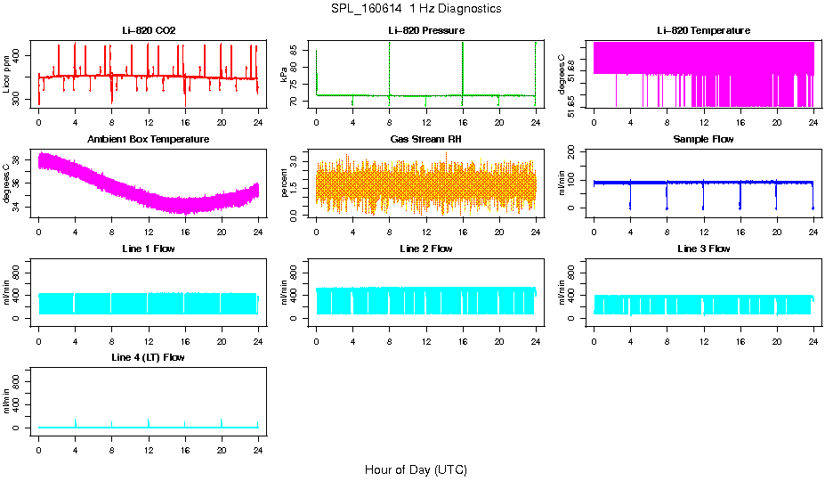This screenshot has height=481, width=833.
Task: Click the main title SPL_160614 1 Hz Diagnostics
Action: coord(416,9)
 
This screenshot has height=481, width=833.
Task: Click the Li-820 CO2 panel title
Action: coord(149,31)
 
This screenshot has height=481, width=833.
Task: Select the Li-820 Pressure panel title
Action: coord(426,31)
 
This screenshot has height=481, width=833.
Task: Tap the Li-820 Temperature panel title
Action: coord(703,31)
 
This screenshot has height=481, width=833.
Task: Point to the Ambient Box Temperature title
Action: coord(149,140)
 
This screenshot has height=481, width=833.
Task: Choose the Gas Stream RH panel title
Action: coord(426,140)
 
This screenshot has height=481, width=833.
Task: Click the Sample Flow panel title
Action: coord(703,140)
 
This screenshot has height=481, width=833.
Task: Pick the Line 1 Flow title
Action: coord(149,249)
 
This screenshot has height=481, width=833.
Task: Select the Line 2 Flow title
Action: coord(426,249)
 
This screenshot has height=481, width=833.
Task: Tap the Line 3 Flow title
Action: coord(703,249)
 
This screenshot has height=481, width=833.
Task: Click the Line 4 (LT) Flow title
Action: coord(149,357)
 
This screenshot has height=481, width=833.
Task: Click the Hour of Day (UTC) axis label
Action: coord(416,469)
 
